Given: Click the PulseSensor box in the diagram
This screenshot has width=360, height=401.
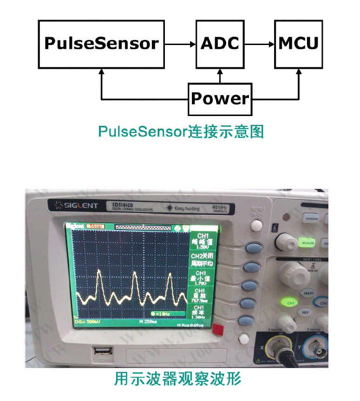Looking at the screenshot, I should click(x=101, y=44).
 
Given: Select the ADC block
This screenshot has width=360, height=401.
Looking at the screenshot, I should click(x=220, y=44).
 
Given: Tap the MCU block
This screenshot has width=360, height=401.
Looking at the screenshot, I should click(x=298, y=44).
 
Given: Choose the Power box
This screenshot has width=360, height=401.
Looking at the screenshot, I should click(x=220, y=99).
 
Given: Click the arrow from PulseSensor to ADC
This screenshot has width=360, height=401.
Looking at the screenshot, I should click(x=180, y=44).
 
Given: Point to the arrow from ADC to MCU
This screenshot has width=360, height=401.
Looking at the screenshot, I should click(x=259, y=44).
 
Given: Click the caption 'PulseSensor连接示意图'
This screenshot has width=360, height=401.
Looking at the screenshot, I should click(x=181, y=132).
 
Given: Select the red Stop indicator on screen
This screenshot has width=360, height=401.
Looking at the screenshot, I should click(x=95, y=226).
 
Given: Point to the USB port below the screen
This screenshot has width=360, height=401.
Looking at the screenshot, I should click(x=101, y=354).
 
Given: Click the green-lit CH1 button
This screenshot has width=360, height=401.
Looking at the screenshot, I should click(x=291, y=303).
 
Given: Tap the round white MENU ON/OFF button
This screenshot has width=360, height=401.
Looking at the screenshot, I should click(x=256, y=226).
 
